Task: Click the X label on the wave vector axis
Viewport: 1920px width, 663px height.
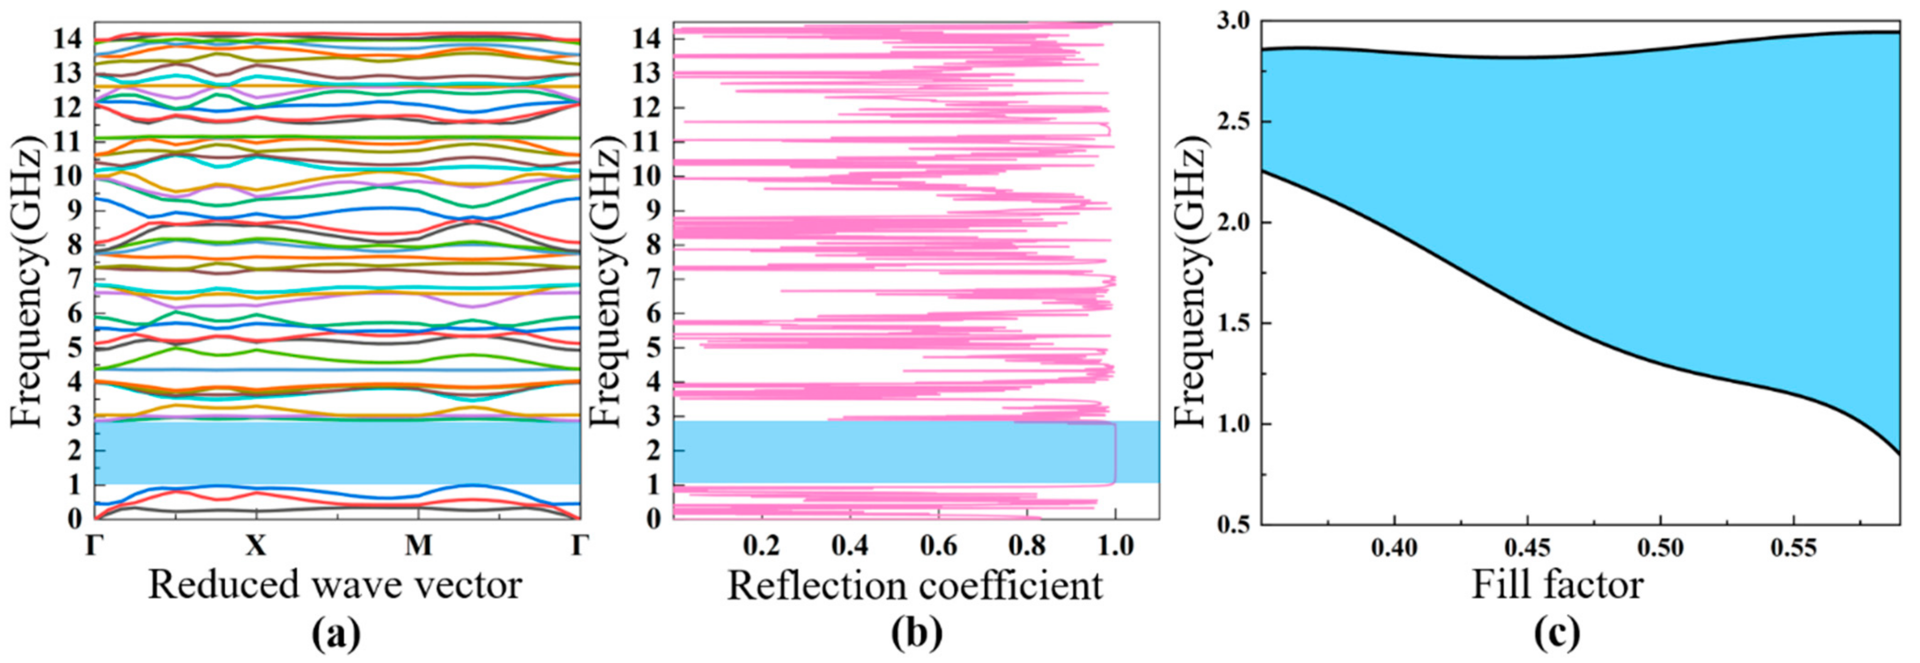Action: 256,546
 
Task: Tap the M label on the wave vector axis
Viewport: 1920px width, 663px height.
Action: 418,546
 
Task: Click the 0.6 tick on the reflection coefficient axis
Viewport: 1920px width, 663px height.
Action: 937,546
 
